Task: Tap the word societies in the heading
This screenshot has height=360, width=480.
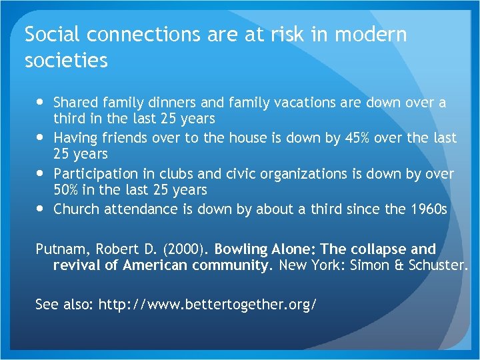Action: pyautogui.click(x=66, y=61)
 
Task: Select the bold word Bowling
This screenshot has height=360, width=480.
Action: pyautogui.click(x=241, y=250)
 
